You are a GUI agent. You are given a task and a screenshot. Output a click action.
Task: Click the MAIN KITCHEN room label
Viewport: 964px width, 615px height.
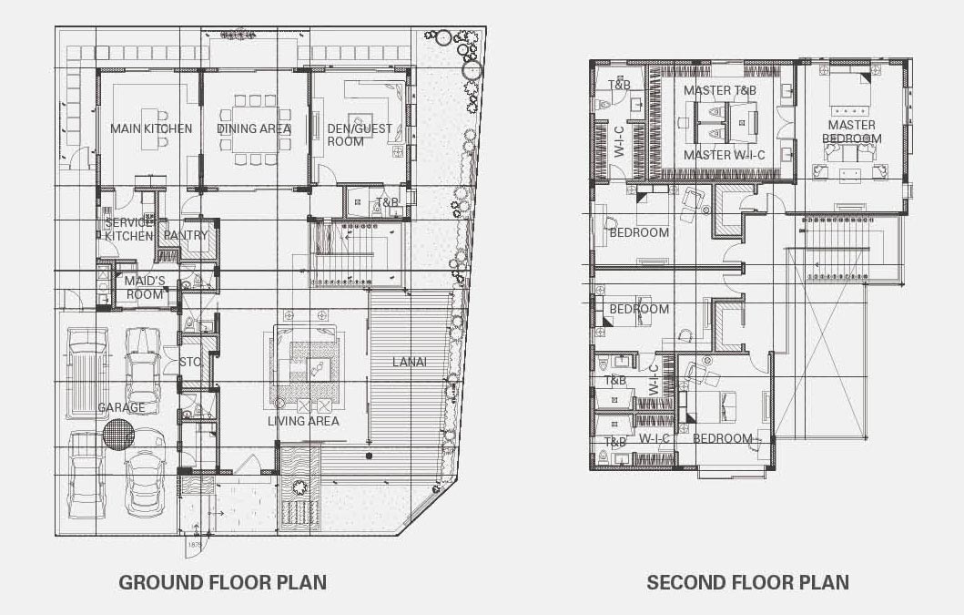[x=151, y=128]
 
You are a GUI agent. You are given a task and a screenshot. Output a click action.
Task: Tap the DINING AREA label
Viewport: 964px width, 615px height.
[x=254, y=128]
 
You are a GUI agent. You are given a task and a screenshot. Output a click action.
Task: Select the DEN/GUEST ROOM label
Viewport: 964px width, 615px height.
[x=359, y=135]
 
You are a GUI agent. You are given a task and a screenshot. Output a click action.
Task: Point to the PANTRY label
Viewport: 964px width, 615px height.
[x=186, y=235]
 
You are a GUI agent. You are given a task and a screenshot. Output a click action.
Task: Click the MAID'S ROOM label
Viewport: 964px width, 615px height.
[x=145, y=288]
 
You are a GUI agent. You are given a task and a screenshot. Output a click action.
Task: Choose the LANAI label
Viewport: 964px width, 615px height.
[x=410, y=362]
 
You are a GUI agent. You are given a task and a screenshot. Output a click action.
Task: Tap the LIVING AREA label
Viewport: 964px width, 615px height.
[x=303, y=421]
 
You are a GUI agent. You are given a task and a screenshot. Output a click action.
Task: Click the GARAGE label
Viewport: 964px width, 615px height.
[x=121, y=407]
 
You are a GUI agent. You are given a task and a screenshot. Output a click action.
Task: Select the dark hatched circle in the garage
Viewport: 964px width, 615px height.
[x=118, y=434]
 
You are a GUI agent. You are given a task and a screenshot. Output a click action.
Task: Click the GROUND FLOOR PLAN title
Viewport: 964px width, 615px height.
[x=222, y=582]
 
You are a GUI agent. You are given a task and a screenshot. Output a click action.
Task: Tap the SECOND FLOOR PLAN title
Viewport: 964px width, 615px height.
[x=747, y=582]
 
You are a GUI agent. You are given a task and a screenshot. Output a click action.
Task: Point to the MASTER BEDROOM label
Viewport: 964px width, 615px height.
[x=851, y=132]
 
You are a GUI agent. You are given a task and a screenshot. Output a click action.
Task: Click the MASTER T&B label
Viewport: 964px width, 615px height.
[x=720, y=90]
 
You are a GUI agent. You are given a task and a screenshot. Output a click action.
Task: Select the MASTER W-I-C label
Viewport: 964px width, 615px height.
[x=725, y=155]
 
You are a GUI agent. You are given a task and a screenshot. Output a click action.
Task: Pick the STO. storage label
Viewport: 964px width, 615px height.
[x=190, y=362]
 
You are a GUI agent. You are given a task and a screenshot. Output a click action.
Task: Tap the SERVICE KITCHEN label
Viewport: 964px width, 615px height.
[x=127, y=229]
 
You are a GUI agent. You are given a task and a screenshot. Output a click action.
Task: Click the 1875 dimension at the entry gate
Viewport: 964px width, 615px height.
[x=196, y=545]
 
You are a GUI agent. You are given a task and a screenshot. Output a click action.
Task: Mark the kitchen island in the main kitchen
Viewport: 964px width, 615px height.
[x=151, y=128]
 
